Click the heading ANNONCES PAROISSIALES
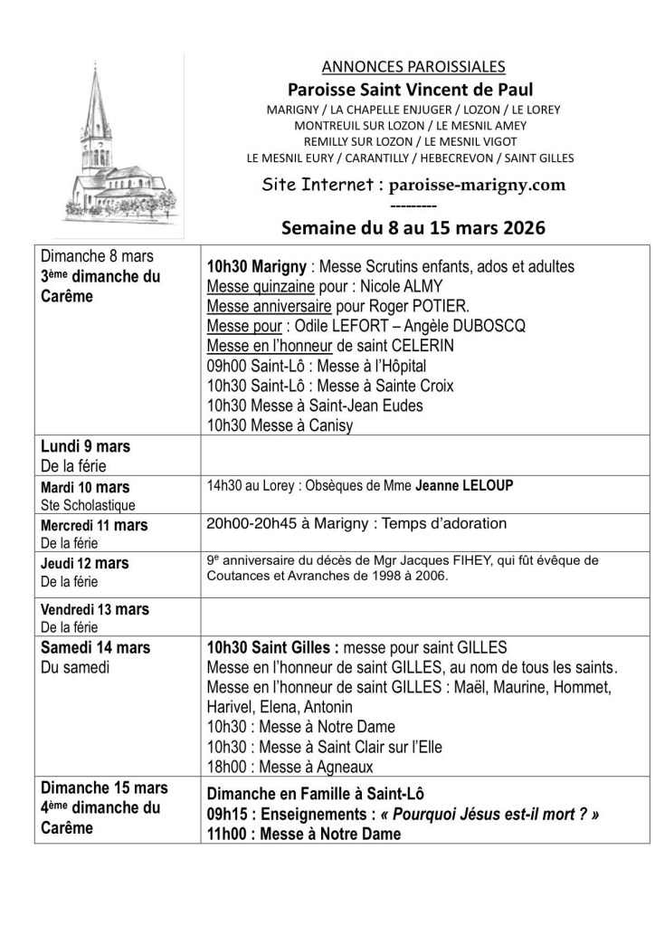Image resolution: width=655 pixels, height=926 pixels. pos(413,66)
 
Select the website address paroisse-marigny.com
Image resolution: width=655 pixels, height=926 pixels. pos(477,185)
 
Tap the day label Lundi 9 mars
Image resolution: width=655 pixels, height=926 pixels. pos(86,446)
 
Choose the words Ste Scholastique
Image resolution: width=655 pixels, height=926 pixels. pos(88,505)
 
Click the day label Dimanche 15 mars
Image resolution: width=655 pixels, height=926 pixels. pos(104,788)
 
